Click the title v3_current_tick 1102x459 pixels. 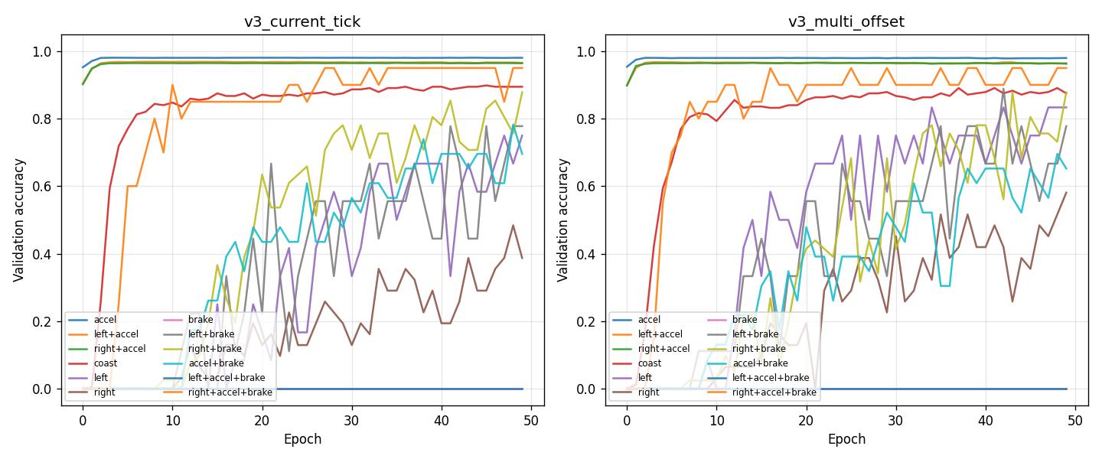(x=302, y=21)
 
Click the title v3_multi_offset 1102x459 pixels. (x=846, y=21)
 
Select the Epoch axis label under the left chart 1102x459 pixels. (x=302, y=439)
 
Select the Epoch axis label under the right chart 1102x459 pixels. (x=846, y=439)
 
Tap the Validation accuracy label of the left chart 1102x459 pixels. (x=19, y=220)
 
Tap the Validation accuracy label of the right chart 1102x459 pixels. (x=563, y=220)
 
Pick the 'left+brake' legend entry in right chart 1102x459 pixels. (x=755, y=334)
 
